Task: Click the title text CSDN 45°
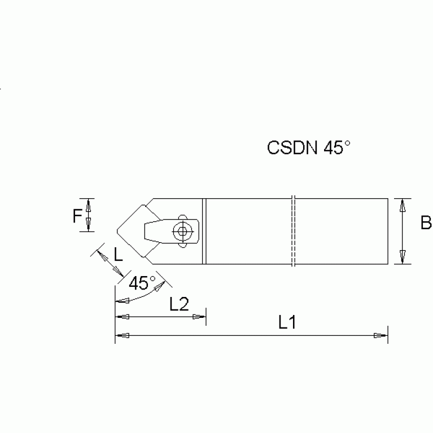(x=309, y=148)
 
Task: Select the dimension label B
(x=426, y=224)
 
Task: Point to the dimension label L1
(x=287, y=322)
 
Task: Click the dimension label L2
(x=179, y=305)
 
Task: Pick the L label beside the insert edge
(x=118, y=255)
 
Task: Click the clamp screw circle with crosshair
(x=181, y=230)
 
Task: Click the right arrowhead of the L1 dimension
(x=381, y=336)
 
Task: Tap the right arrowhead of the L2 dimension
(x=199, y=317)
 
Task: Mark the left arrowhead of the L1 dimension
(x=121, y=336)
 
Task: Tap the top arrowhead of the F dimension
(x=88, y=203)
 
